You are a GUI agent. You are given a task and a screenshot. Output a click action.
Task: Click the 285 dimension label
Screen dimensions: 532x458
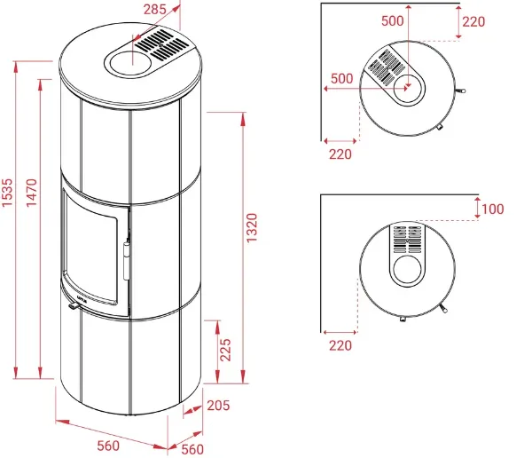click(x=154, y=10)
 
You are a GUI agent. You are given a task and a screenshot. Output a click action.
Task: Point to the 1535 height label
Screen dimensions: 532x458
click(x=7, y=193)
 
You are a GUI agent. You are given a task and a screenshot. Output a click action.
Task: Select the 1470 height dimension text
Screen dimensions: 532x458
click(x=32, y=193)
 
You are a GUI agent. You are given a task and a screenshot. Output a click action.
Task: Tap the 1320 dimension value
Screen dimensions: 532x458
click(x=252, y=227)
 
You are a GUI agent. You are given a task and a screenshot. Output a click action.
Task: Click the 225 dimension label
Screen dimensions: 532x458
click(x=225, y=350)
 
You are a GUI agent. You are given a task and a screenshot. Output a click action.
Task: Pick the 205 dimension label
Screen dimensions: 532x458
click(x=218, y=406)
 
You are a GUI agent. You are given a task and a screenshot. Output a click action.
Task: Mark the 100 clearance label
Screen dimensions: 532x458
click(x=493, y=209)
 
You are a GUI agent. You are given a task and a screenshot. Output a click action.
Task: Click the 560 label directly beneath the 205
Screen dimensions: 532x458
click(x=192, y=449)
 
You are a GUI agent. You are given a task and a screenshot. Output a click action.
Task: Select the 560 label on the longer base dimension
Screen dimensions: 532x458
click(x=108, y=446)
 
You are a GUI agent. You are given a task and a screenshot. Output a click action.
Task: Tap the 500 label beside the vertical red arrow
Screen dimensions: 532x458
click(x=393, y=20)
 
